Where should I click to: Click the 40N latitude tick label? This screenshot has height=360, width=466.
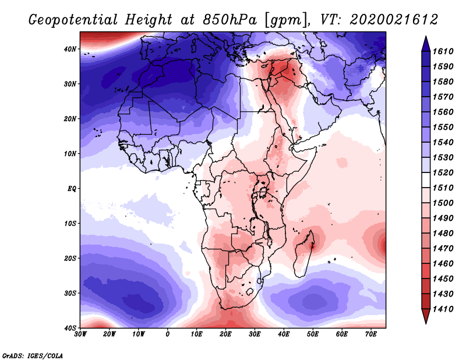70,49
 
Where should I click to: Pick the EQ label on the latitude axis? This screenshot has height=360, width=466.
71,189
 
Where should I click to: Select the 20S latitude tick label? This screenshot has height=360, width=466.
70,258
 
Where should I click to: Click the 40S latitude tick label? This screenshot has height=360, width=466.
70,328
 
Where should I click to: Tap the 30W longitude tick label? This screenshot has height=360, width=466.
80,334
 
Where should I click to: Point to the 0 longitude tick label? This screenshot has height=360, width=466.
168,334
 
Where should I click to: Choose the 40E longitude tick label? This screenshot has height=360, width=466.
284,334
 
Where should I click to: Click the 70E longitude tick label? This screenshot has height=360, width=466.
371,334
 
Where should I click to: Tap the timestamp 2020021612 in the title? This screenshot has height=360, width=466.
394,20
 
